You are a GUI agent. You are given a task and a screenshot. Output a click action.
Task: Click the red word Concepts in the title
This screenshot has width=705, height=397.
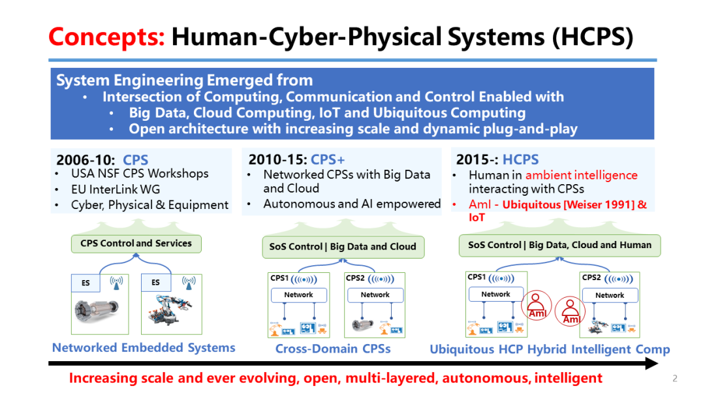coord(106,37)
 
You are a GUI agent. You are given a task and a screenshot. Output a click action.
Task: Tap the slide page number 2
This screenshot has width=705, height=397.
coord(675,378)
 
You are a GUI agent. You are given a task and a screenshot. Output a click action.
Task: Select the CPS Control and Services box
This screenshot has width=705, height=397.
coord(136,244)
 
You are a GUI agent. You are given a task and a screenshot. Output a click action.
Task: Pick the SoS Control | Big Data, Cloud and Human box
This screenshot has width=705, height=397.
coord(559,245)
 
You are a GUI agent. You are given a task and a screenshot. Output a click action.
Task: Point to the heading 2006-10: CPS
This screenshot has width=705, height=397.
coord(102,160)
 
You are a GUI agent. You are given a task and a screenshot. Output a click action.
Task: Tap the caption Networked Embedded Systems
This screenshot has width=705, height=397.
coord(144,347)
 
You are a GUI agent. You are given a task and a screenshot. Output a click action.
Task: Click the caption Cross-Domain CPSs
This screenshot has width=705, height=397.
coord(333,349)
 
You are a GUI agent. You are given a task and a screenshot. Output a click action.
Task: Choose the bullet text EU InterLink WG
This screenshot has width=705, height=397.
coord(116,189)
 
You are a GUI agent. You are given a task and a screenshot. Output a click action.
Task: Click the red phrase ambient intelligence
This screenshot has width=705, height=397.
coord(581,175)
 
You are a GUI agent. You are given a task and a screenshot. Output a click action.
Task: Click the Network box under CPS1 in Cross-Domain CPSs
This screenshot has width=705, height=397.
coord(298,295)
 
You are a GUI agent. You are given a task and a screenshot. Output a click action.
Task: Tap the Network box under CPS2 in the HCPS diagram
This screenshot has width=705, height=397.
coord(610,295)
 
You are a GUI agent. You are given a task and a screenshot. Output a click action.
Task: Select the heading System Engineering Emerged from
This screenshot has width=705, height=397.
coord(185,80)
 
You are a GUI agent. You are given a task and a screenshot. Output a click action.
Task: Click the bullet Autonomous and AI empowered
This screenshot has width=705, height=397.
coord(352,204)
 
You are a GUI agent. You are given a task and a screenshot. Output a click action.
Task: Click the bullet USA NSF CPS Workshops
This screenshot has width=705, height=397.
coord(140,174)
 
